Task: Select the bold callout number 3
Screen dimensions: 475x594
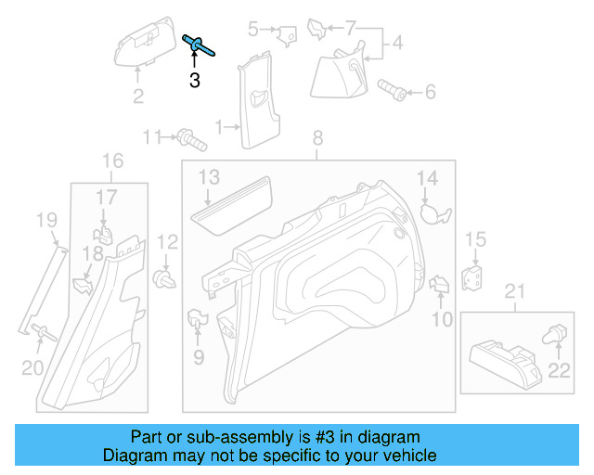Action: (x=194, y=81)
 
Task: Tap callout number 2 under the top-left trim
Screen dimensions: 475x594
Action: (x=137, y=96)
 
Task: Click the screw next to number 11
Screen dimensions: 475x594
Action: (x=189, y=140)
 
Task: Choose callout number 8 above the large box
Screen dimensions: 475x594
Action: (x=317, y=138)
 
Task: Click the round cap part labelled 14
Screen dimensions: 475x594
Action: (x=433, y=212)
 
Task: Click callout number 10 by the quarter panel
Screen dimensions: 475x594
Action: (x=442, y=320)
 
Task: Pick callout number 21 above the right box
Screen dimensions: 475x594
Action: (x=513, y=294)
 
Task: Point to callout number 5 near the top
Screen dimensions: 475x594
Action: (x=253, y=30)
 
